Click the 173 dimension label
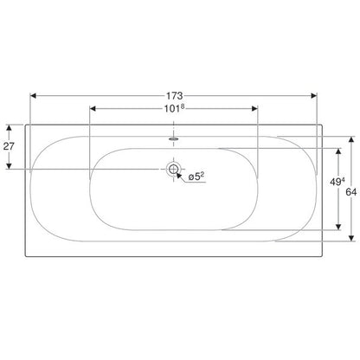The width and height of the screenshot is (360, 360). (x=174, y=95)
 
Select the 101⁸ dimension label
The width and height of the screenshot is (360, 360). (x=174, y=109)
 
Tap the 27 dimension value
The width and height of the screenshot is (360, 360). (x=9, y=146)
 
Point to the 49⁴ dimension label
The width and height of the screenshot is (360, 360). (x=337, y=182)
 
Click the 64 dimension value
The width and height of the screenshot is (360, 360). (x=351, y=192)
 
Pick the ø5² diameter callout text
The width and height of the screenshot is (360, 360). (x=196, y=177)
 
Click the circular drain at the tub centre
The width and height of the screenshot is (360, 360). (x=173, y=169)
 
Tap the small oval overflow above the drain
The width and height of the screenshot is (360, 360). (x=173, y=138)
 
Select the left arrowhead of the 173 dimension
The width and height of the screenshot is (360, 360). (x=33, y=95)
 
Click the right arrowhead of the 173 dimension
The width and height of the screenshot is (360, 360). (x=314, y=95)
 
